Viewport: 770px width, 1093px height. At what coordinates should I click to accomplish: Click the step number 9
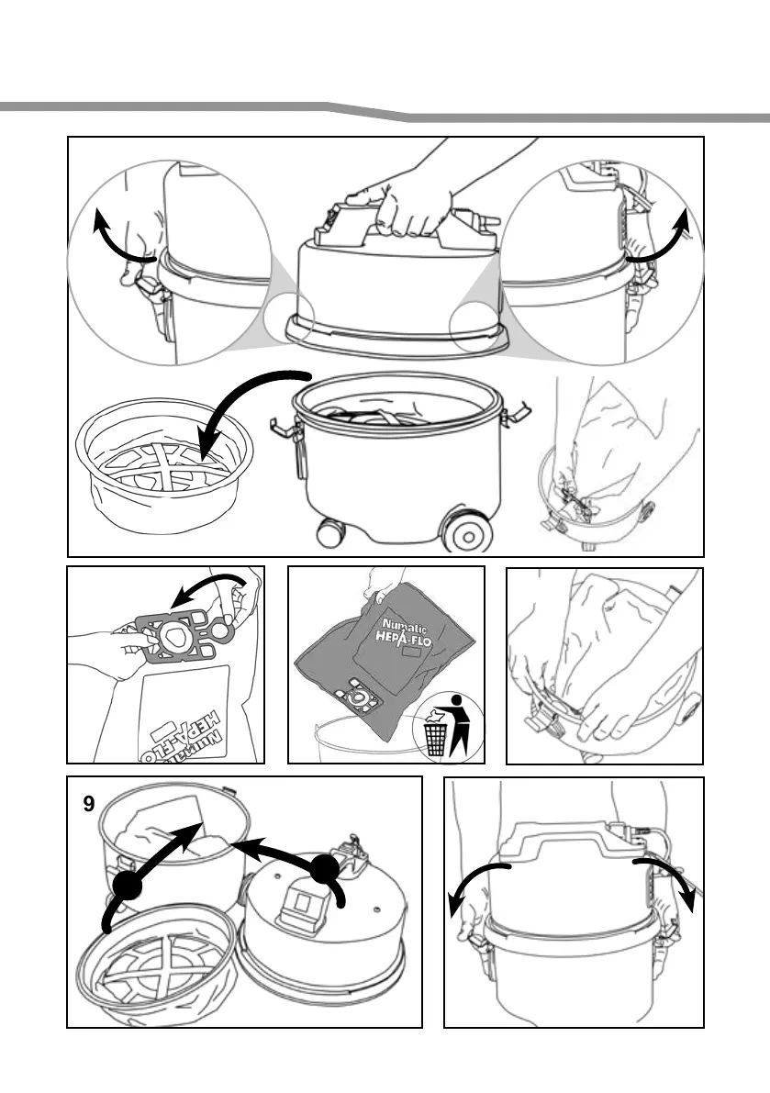(x=88, y=805)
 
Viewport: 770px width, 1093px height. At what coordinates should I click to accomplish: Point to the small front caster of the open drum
(x=330, y=533)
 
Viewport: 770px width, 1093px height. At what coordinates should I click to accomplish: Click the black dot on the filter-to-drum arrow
(x=128, y=885)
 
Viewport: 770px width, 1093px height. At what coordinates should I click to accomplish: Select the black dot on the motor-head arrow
(x=324, y=869)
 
